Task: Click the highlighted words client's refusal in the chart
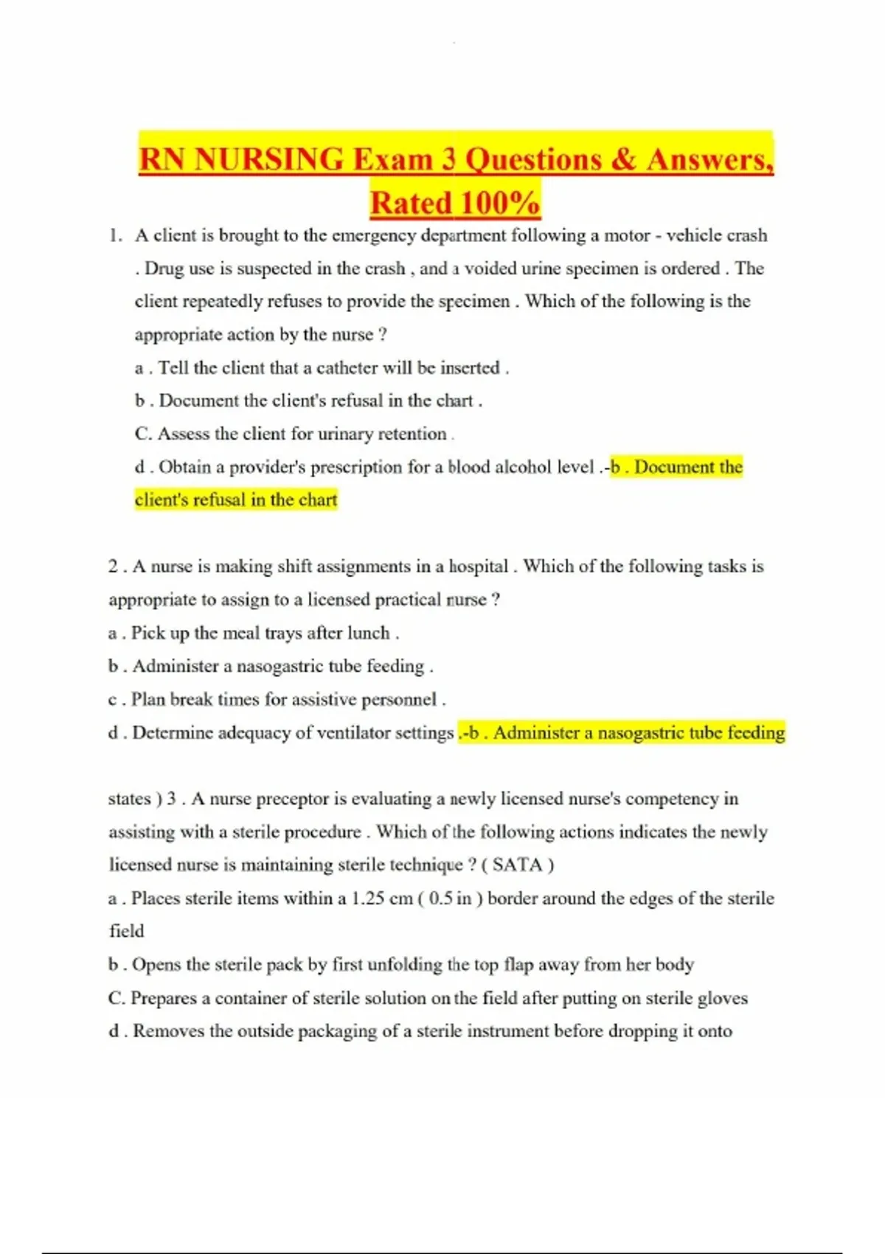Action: coord(236,500)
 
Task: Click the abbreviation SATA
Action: coord(517,865)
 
